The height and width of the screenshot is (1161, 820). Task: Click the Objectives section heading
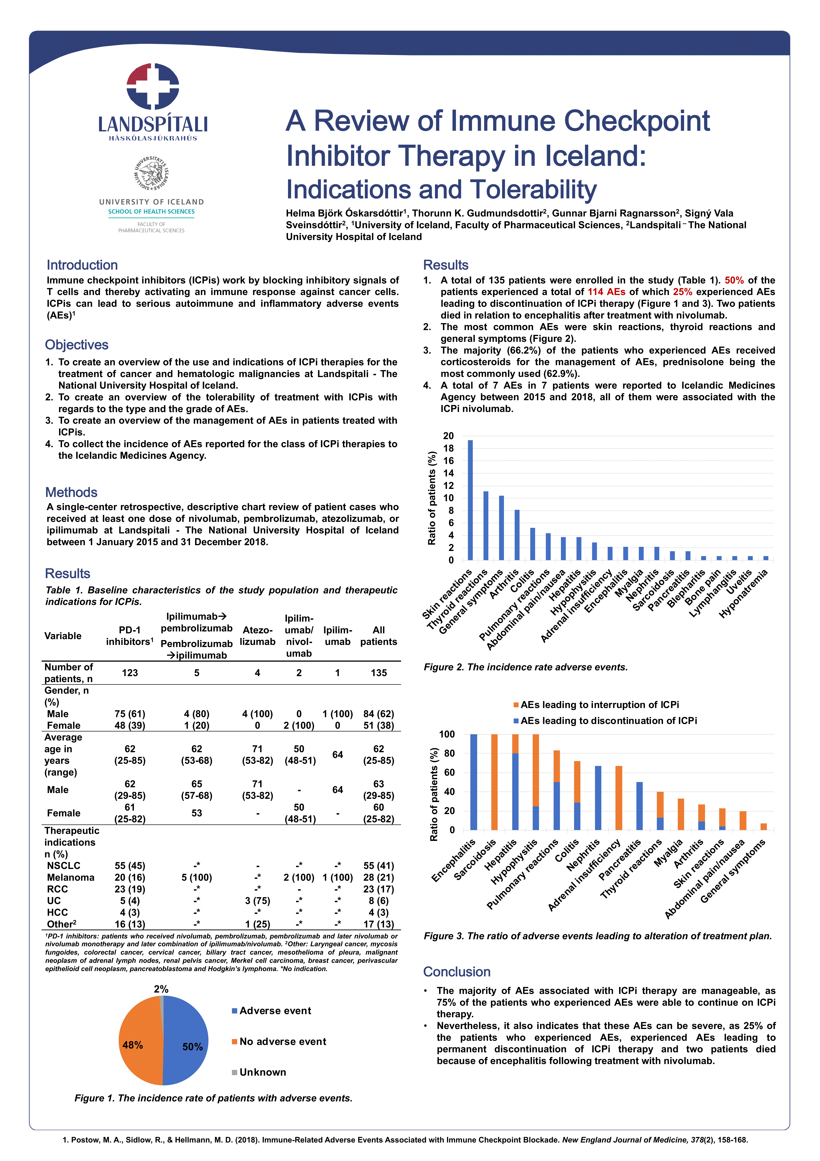click(77, 345)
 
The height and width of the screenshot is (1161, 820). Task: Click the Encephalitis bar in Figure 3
click(474, 782)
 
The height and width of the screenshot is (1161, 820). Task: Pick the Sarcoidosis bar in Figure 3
click(494, 782)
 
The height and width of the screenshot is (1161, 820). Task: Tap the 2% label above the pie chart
click(161, 989)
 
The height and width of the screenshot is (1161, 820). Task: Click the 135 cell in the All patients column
click(379, 673)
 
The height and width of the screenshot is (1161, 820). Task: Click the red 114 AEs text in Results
click(606, 292)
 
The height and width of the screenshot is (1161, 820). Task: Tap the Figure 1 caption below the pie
click(213, 1098)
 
